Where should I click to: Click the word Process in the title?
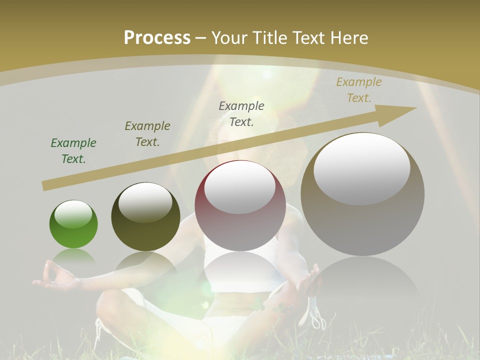point(157,38)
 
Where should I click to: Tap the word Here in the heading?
point(349,38)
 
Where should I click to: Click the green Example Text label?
point(73,151)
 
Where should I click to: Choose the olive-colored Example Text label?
point(147,134)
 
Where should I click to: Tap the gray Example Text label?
point(241,114)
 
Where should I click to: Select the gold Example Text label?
point(358,90)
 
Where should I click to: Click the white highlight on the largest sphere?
point(361,168)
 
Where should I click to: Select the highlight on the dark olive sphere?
point(145,202)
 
